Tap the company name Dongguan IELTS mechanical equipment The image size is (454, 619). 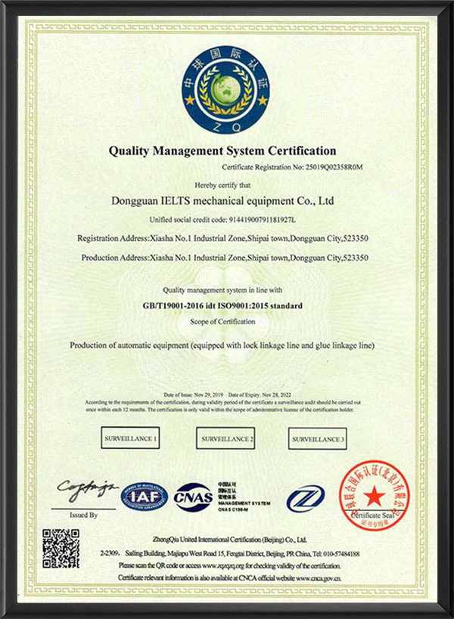click(x=222, y=201)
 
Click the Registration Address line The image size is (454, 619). click(x=223, y=238)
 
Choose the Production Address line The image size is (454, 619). click(x=223, y=257)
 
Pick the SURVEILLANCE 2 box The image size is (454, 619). click(x=225, y=438)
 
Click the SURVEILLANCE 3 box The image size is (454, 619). click(x=318, y=438)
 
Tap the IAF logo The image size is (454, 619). click(x=139, y=497)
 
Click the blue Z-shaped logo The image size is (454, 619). click(x=305, y=497)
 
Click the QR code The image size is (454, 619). click(x=61, y=548)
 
